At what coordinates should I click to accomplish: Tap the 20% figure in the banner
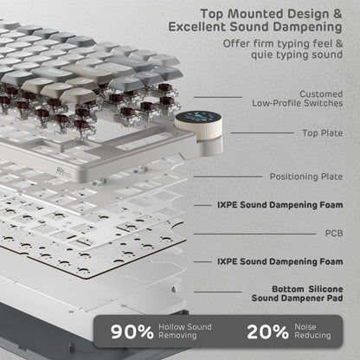pyautogui.click(x=267, y=331)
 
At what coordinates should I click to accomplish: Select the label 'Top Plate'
pyautogui.click(x=322, y=133)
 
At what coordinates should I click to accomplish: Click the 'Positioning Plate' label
pyautogui.click(x=305, y=177)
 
